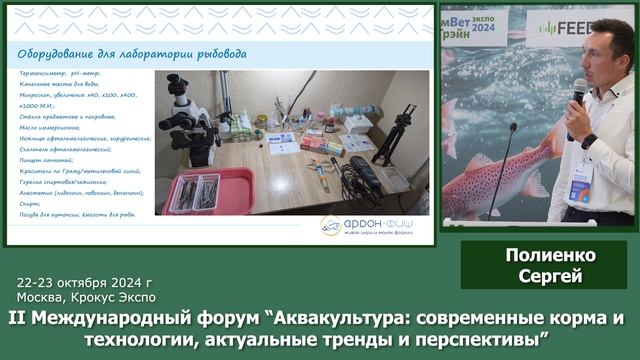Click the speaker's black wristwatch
point(589,141)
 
